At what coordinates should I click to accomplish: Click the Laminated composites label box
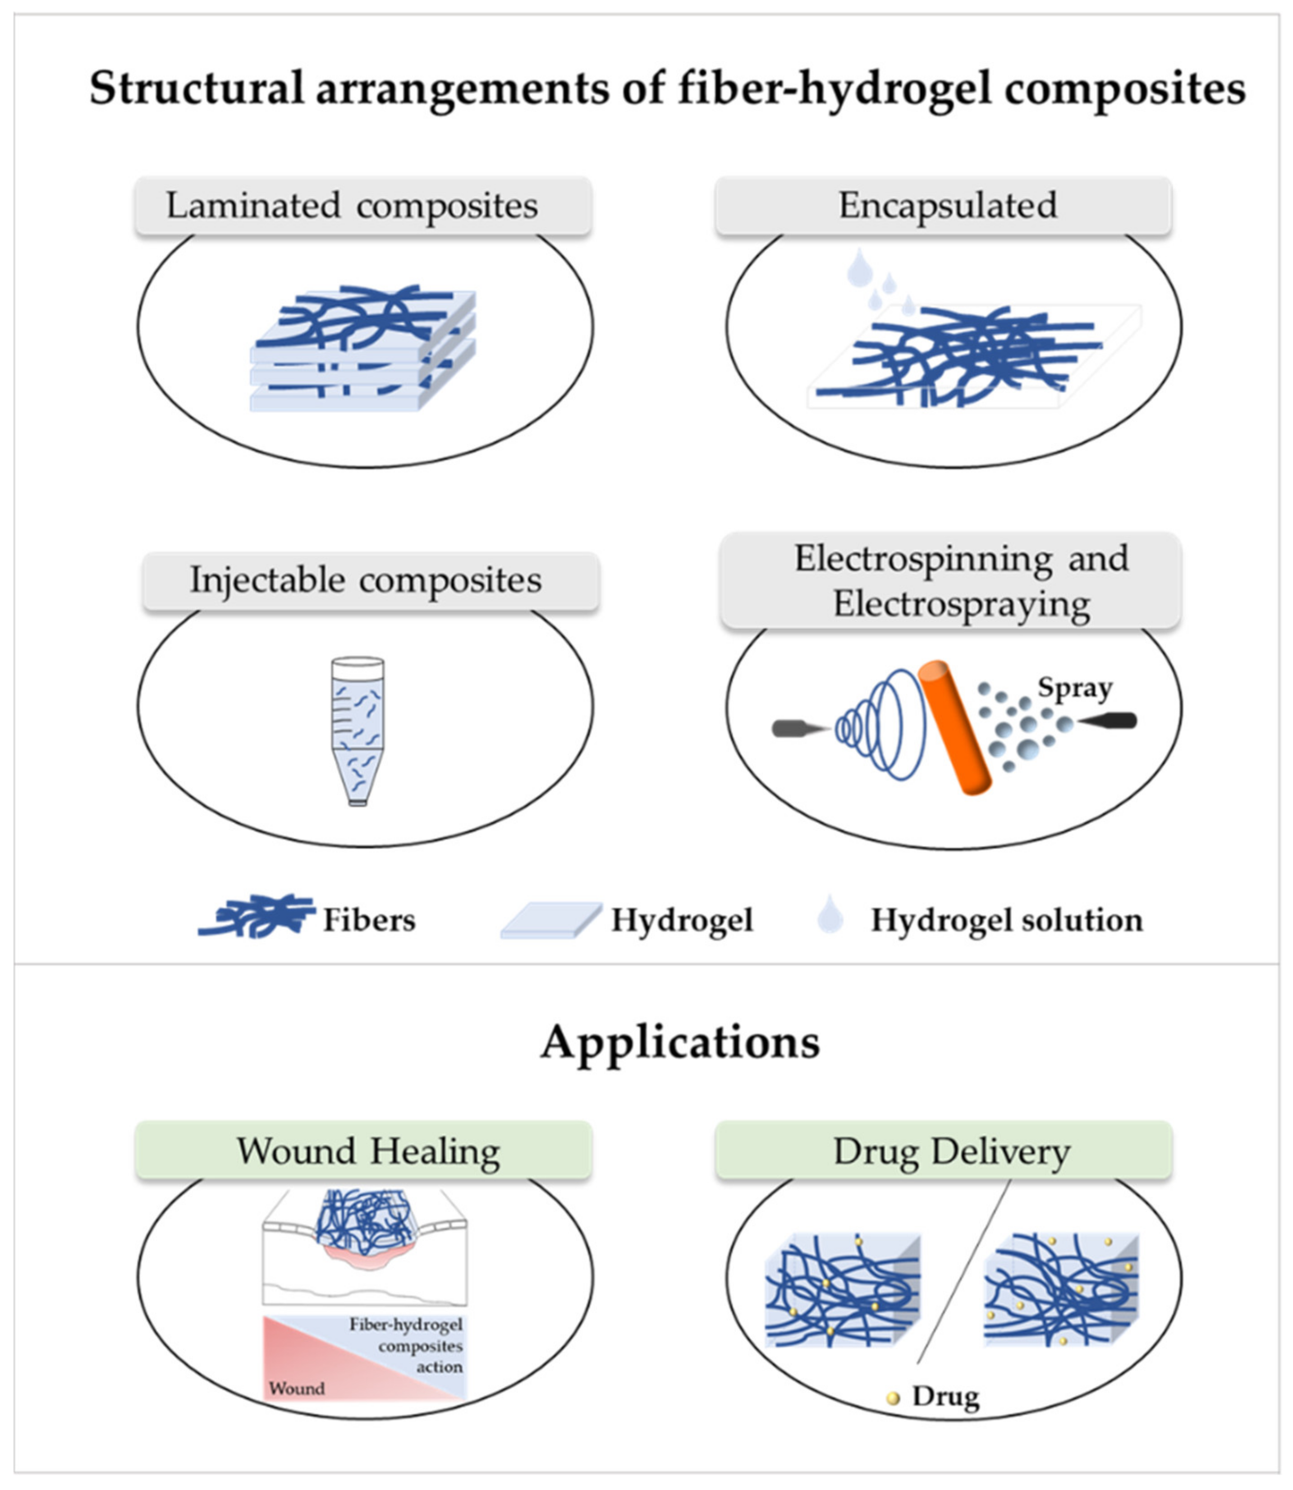click(x=363, y=206)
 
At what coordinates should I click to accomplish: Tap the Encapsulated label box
click(x=942, y=206)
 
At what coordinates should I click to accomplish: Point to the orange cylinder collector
click(x=954, y=727)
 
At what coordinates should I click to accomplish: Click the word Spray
click(x=1074, y=688)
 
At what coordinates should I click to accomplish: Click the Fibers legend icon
click(x=256, y=916)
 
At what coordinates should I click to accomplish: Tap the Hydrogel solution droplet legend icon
click(x=830, y=915)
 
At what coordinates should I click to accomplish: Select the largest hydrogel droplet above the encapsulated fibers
click(x=859, y=268)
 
